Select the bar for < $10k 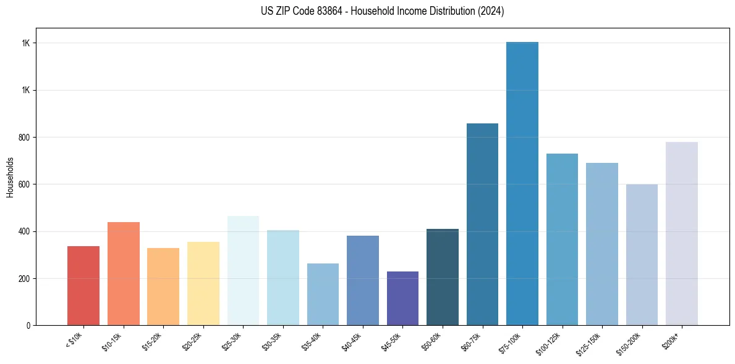(83, 286)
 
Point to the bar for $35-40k (323, 294)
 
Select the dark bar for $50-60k (443, 277)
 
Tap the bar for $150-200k (642, 254)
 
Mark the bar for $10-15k (124, 273)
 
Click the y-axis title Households (10, 176)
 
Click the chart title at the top (383, 11)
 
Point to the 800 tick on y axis (27, 137)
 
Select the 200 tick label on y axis (27, 278)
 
